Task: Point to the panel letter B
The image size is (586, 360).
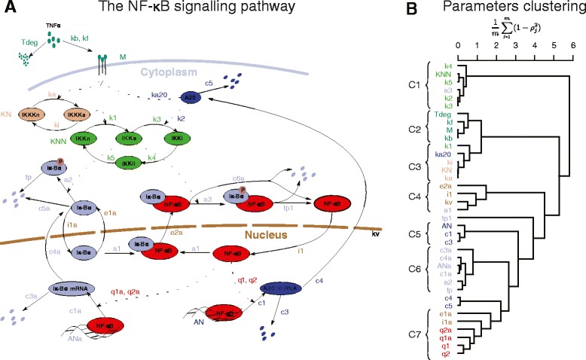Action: (x=411, y=9)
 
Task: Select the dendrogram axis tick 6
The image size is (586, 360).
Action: (x=573, y=47)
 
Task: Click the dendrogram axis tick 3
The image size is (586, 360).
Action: (x=516, y=47)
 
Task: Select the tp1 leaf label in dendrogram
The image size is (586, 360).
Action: (x=446, y=218)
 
